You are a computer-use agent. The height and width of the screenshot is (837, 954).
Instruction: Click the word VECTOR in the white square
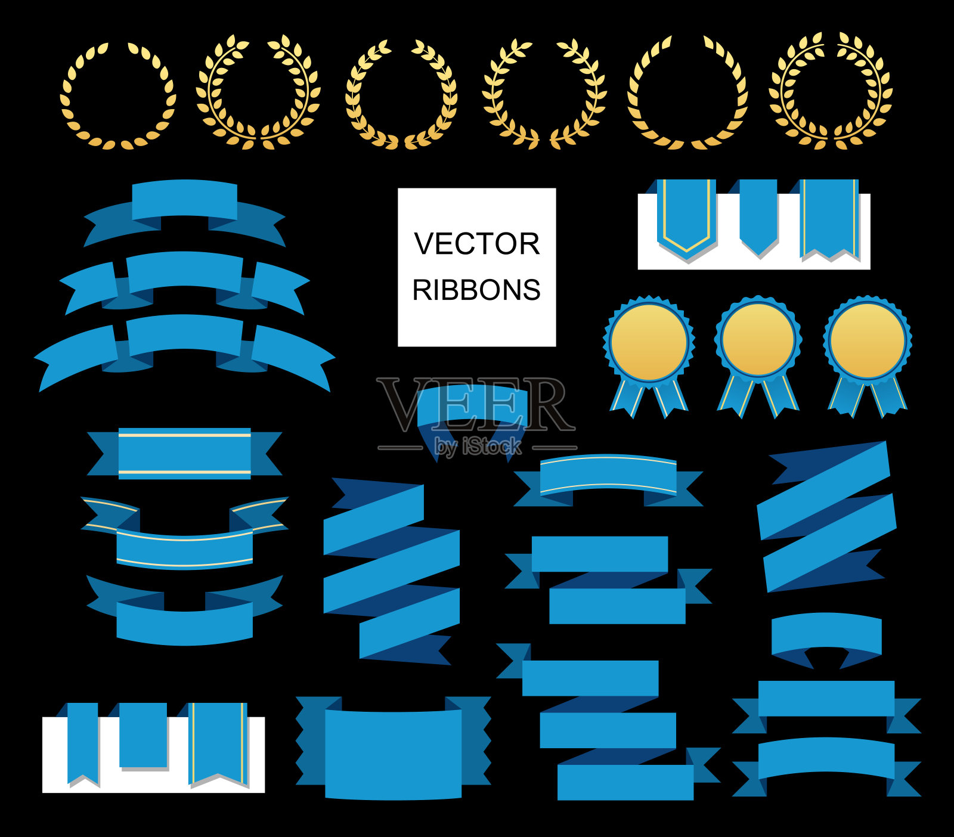(x=476, y=244)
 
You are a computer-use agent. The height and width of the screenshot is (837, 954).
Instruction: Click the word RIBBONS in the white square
(x=476, y=290)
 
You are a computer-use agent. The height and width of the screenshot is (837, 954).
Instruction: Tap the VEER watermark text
(x=475, y=404)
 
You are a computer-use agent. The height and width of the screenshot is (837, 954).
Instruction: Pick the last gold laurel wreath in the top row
(x=831, y=91)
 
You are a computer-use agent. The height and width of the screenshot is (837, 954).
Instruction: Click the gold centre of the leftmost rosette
(x=649, y=342)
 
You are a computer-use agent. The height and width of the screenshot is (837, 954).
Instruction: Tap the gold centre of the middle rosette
(x=758, y=340)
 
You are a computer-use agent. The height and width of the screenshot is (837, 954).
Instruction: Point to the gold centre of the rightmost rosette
(x=868, y=340)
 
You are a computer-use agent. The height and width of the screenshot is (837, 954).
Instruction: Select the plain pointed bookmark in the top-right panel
(x=758, y=215)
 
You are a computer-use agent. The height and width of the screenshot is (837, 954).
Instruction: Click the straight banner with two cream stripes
(x=184, y=453)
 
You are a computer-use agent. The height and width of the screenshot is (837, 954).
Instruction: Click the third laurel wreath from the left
(x=401, y=94)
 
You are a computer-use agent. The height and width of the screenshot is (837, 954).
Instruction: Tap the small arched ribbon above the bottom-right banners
(x=826, y=635)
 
